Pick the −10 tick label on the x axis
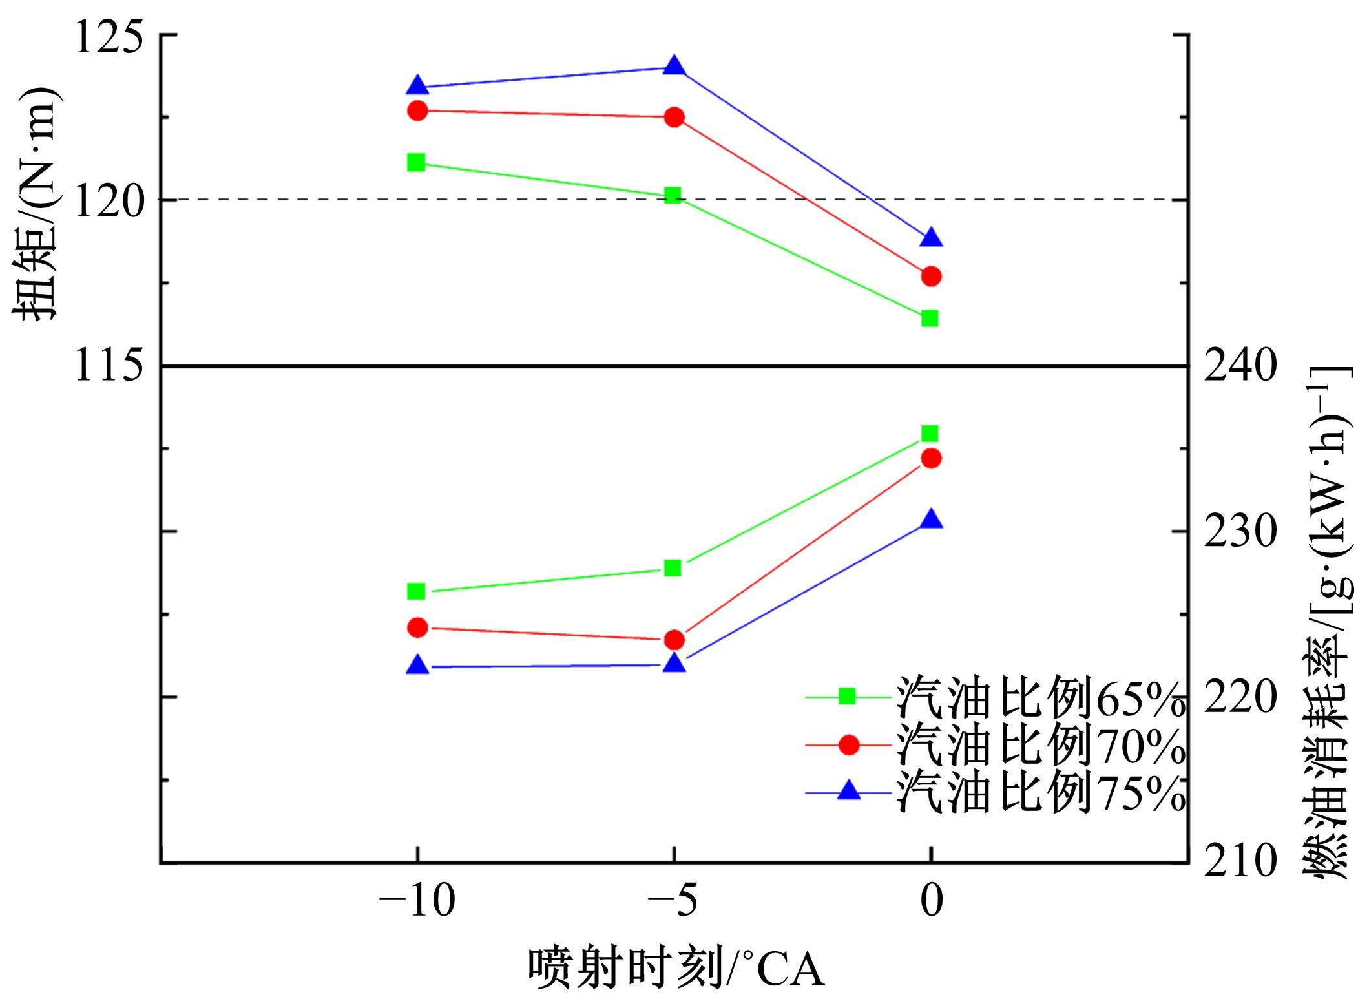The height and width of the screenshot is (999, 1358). pos(417,901)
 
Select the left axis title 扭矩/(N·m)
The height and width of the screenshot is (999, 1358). pos(37,204)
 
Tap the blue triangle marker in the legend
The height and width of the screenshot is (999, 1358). pos(848,791)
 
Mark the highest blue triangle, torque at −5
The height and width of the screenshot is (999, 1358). pos(674,66)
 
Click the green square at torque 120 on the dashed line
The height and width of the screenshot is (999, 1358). pos(673,195)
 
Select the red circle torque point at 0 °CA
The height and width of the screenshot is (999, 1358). pos(930,277)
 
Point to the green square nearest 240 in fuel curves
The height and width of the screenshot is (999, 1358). pos(930,433)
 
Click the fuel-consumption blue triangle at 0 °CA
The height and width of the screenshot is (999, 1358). pos(930,520)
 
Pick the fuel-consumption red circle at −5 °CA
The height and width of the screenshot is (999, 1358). pos(674,640)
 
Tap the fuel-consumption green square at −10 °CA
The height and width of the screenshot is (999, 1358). pos(417,591)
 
